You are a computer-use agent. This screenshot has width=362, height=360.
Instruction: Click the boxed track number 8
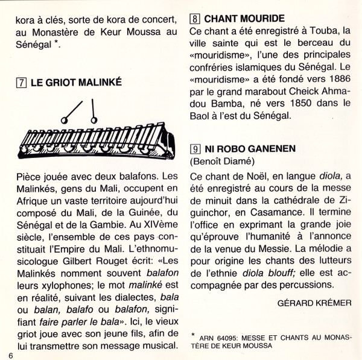click(195, 18)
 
